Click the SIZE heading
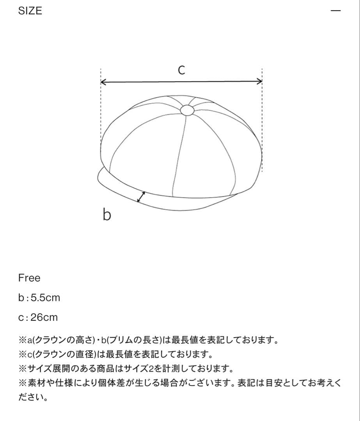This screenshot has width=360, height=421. pyautogui.click(x=30, y=11)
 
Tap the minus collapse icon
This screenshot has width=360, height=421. pyautogui.click(x=335, y=11)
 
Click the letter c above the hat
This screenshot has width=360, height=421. pyautogui.click(x=181, y=70)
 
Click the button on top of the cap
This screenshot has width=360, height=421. pyautogui.click(x=187, y=111)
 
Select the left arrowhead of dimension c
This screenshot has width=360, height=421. pyautogui.click(x=104, y=82)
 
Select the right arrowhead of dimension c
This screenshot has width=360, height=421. pyautogui.click(x=259, y=81)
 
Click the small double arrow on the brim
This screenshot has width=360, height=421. pyautogui.click(x=141, y=197)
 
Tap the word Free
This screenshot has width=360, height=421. pyautogui.click(x=29, y=278)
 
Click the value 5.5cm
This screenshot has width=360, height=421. pyautogui.click(x=45, y=298)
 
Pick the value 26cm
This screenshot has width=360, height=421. pyautogui.click(x=44, y=317)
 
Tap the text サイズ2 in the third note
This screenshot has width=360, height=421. pyautogui.click(x=142, y=368)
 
